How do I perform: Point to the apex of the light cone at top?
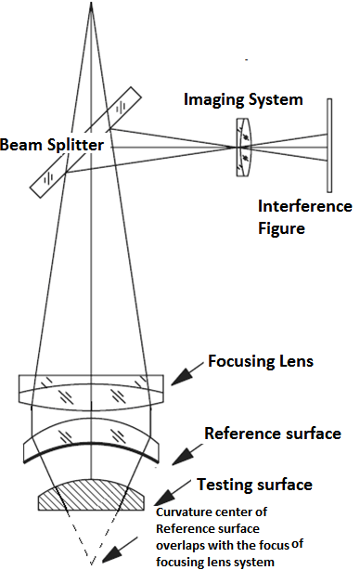tap(93, 5)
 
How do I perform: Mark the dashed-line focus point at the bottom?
tap(93, 563)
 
